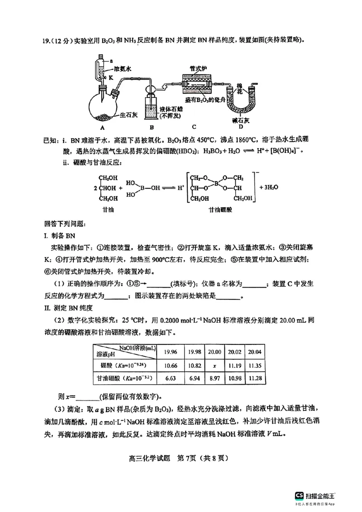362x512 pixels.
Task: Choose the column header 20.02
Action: [x=234, y=351]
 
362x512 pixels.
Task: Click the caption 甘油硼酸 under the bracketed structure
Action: [x=218, y=210]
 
